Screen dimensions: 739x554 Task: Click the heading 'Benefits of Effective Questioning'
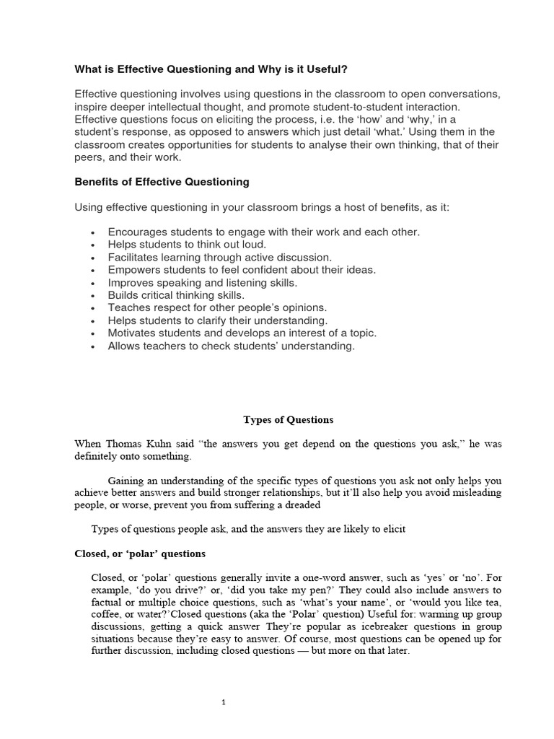162,181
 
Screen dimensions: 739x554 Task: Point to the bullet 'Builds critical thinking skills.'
176,294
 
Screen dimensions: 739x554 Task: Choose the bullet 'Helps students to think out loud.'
187,244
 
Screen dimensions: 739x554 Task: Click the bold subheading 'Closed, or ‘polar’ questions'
140,554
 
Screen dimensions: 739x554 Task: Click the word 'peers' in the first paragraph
89,157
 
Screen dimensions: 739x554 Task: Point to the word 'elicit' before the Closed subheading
393,529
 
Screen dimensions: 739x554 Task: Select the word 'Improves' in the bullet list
131,282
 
